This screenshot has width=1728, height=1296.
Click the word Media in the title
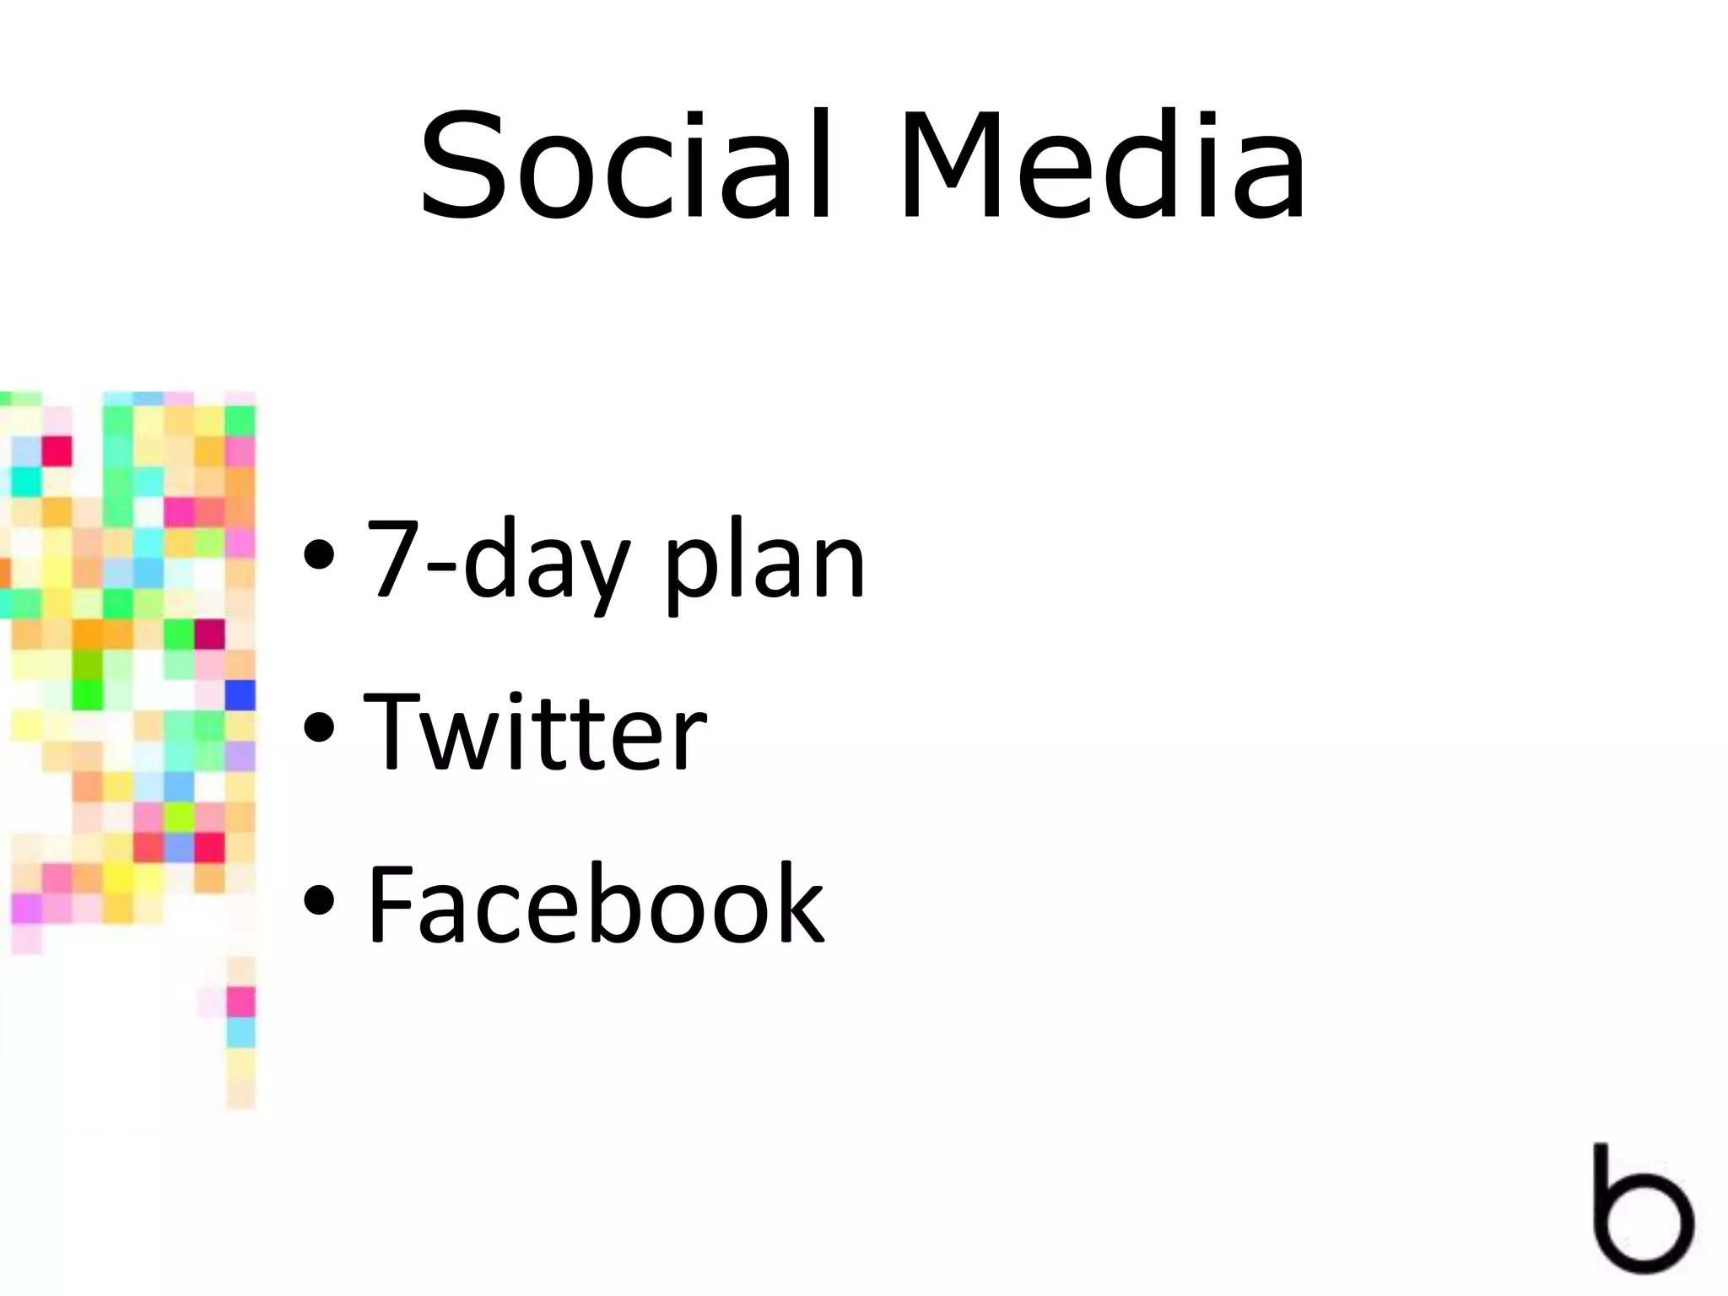(1101, 165)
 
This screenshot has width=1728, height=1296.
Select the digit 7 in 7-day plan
(393, 557)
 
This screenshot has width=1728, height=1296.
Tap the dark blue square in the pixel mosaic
(240, 695)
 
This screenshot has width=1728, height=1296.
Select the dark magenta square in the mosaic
(209, 634)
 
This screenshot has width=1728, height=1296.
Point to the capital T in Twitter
(391, 729)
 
